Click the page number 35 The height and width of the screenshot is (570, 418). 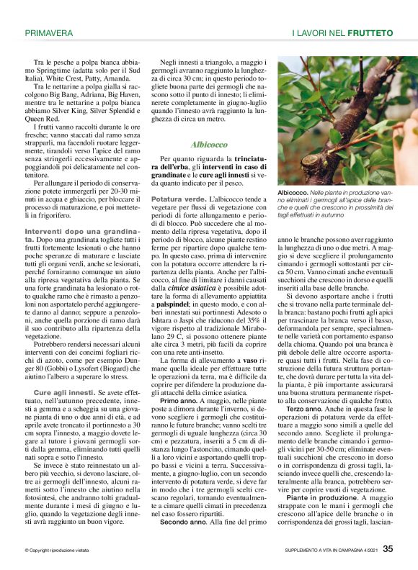[x=388, y=548]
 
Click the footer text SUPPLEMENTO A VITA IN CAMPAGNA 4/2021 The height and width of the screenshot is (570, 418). [x=329, y=551]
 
